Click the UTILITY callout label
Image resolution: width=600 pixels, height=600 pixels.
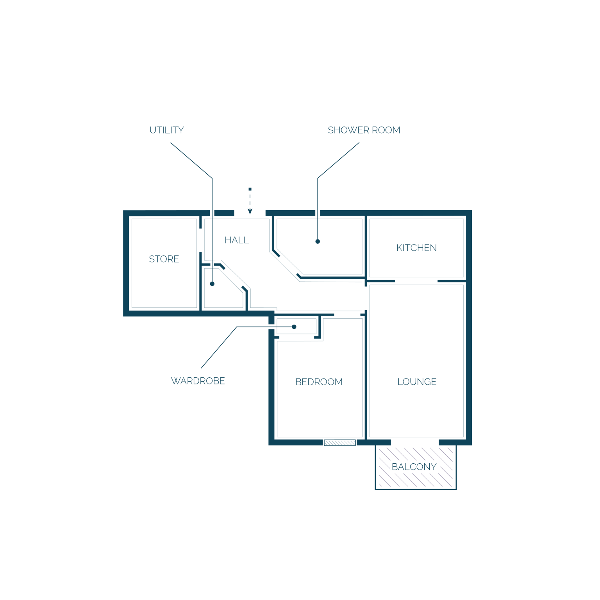(167, 130)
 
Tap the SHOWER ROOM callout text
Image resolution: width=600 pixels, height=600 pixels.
(364, 130)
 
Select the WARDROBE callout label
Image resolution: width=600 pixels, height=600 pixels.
(198, 381)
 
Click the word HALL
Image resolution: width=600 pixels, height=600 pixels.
(237, 240)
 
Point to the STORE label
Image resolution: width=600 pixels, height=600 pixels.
(164, 259)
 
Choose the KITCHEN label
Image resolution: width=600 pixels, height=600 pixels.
(417, 248)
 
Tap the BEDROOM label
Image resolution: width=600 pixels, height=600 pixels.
(319, 382)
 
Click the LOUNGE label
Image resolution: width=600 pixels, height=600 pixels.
(417, 382)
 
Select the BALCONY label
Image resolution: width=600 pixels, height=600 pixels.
(414, 467)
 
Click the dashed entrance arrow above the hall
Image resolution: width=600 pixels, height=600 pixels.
(250, 201)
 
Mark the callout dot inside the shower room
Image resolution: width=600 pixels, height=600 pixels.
(318, 241)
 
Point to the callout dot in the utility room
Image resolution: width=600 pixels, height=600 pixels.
(212, 284)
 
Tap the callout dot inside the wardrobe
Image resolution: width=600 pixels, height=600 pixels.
(294, 327)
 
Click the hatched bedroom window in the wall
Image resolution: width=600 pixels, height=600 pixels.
(340, 443)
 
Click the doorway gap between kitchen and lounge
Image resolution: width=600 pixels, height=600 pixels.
(416, 281)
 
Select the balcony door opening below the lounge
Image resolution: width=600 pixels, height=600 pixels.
(415, 442)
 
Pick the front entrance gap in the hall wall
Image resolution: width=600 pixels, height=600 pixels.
(250, 213)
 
